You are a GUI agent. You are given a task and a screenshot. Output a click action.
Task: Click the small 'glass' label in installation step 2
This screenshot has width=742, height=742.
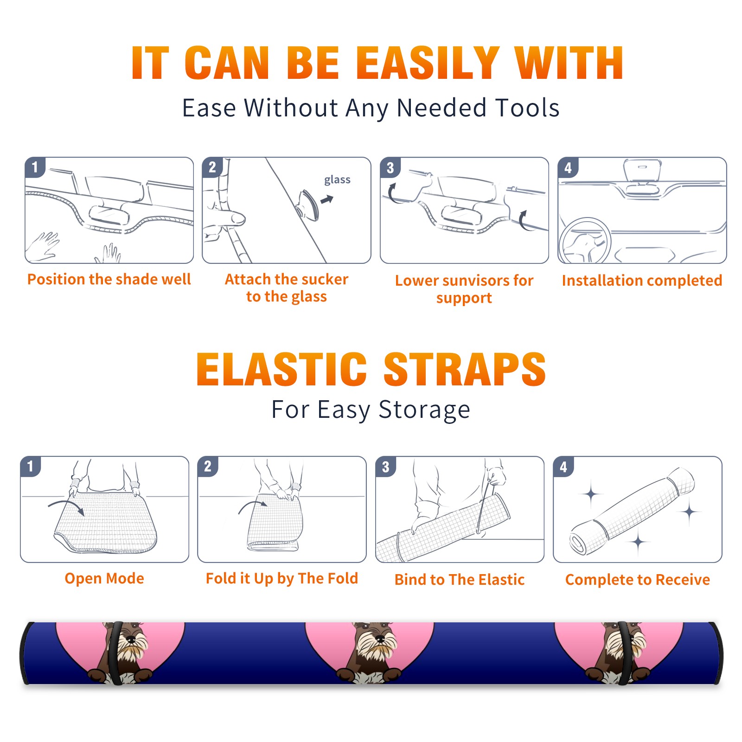337,180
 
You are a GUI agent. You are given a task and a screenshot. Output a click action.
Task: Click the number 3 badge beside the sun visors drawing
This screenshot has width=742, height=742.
390,167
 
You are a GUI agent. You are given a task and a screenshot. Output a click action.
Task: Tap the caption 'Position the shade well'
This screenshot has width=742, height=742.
109,279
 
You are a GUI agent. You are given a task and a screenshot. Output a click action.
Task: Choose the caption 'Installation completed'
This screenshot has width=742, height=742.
642,280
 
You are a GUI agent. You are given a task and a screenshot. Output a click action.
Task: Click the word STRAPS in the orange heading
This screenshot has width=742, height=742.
465,369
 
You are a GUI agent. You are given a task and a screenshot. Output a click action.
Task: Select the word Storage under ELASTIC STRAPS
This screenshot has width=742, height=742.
424,410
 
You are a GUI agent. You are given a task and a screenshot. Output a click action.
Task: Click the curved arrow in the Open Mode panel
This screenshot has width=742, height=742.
67,506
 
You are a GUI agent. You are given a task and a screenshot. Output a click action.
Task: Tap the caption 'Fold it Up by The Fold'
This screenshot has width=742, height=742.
282,578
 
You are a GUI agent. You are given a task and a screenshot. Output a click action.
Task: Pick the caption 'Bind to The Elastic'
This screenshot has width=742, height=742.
460,580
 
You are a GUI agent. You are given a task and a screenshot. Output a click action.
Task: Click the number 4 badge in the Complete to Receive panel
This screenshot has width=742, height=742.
563,467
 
